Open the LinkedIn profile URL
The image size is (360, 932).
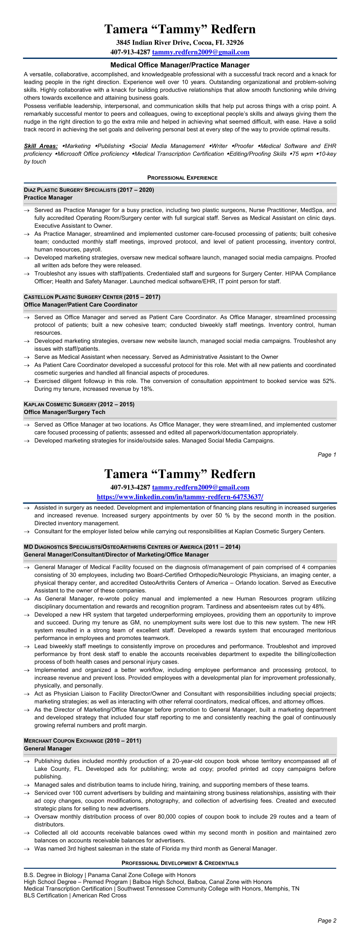click(x=180, y=497)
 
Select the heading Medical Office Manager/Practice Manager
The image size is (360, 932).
click(x=180, y=65)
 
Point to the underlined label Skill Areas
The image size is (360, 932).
click(x=40, y=146)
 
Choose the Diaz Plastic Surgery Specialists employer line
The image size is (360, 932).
click(x=89, y=190)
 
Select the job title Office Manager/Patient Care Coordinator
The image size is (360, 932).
click(x=80, y=305)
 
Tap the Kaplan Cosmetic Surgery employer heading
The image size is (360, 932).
click(x=79, y=404)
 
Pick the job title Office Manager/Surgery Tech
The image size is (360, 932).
click(x=64, y=412)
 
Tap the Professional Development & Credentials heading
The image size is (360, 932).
click(x=180, y=863)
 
